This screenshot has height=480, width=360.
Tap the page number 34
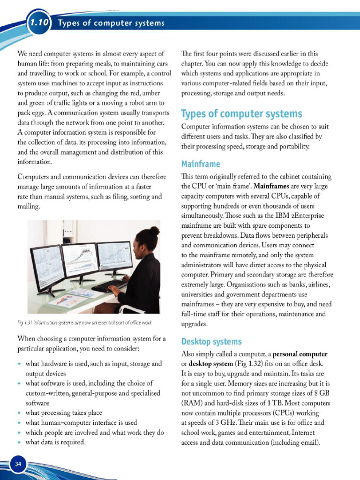[19, 464]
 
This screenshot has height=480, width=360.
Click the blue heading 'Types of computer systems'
[241, 114]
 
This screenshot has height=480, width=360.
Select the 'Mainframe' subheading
[201, 164]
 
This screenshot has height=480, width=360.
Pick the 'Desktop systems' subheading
[211, 341]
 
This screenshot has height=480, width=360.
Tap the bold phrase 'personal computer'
[300, 353]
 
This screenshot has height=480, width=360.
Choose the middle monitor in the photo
[80, 259]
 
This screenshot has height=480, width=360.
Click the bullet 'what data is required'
[55, 442]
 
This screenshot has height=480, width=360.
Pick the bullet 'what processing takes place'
[63, 412]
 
